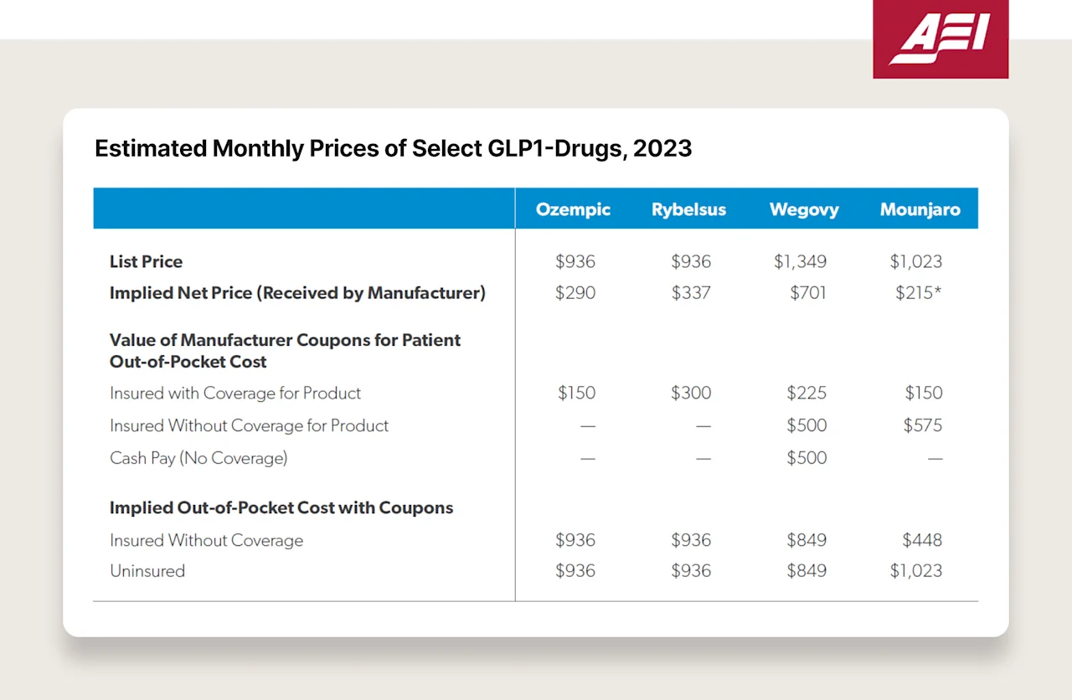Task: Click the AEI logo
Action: pos(940,39)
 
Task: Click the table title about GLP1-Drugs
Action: pos(393,148)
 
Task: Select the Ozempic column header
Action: pos(574,209)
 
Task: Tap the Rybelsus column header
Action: pos(688,209)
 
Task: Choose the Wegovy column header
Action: pos(804,209)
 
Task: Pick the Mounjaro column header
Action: pos(920,209)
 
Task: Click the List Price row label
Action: pos(146,261)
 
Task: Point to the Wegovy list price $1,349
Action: pos(800,261)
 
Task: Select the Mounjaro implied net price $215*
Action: pos(919,293)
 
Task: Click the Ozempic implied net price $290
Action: pos(575,293)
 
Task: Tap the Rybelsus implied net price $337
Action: pos(691,293)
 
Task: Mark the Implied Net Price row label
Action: pos(297,293)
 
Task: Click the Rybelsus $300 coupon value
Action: pos(691,393)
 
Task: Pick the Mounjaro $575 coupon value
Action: pos(922,425)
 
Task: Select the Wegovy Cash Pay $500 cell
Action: pos(807,458)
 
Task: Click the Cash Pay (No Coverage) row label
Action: pos(198,458)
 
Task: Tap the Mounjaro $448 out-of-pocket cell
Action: pos(922,540)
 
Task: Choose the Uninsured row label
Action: pos(147,571)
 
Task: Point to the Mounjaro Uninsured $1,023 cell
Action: pos(915,571)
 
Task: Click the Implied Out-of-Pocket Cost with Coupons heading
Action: pos(281,507)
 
